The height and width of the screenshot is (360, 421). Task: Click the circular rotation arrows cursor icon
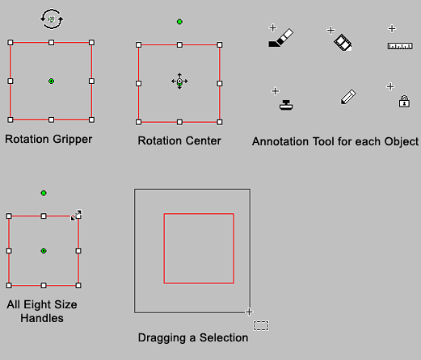(x=52, y=19)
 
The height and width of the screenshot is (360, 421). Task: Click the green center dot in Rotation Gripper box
(x=51, y=81)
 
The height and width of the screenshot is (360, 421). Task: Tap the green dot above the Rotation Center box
(x=179, y=22)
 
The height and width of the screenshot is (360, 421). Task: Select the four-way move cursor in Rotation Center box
(x=179, y=81)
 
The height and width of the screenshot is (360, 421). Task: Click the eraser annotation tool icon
(x=281, y=38)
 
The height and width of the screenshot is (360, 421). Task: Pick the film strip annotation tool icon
(x=343, y=43)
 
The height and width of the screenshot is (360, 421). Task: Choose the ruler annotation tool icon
(x=400, y=46)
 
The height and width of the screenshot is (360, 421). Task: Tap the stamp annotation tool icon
(x=286, y=105)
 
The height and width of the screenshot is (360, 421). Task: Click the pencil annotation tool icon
(x=348, y=96)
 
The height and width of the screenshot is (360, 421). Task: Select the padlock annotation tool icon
(x=404, y=102)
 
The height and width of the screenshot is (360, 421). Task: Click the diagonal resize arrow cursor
(x=76, y=216)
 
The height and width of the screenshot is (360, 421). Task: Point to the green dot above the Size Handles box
(x=44, y=193)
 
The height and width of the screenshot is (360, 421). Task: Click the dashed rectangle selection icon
(x=261, y=325)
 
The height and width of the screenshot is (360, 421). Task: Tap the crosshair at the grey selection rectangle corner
(x=249, y=312)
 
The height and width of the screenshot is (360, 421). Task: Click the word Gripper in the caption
(x=73, y=140)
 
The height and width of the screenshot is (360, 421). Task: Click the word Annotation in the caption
(x=280, y=141)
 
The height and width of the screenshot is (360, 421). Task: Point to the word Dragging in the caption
(x=162, y=338)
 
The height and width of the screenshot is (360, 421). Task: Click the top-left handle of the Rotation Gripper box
(x=11, y=43)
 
